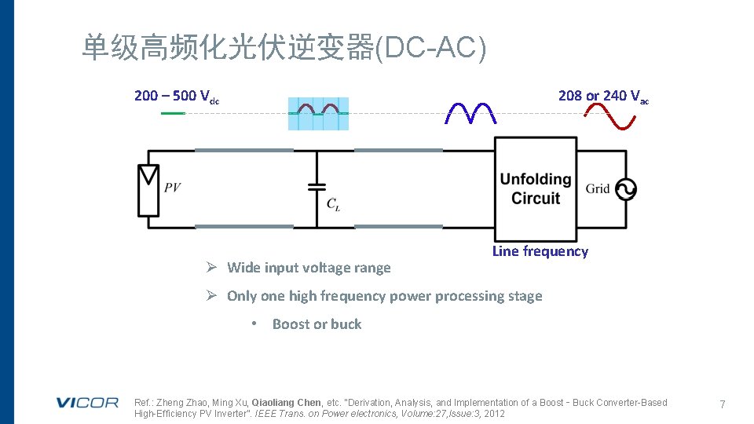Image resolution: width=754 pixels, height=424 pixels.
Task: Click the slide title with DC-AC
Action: tap(284, 49)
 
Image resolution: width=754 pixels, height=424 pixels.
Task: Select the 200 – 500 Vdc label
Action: tap(177, 97)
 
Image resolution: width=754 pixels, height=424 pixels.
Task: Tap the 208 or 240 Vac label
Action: tap(603, 97)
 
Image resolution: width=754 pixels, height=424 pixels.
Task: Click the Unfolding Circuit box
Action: tap(536, 188)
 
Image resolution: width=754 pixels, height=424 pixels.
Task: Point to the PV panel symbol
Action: tap(148, 189)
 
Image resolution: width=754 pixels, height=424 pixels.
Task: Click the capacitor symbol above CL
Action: tap(317, 187)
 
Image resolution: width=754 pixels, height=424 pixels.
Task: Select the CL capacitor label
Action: tap(334, 204)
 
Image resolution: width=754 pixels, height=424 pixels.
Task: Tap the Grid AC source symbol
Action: tap(626, 189)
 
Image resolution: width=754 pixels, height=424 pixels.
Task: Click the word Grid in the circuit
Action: tap(598, 188)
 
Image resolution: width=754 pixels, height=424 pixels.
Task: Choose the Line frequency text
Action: tap(540, 251)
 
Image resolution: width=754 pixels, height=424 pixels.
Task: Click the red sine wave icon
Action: tap(610, 117)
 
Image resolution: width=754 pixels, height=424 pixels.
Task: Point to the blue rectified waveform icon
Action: tap(471, 114)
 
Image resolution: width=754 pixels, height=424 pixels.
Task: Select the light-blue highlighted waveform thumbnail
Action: tap(318, 115)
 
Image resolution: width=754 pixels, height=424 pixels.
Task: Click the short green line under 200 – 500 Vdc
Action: tap(172, 114)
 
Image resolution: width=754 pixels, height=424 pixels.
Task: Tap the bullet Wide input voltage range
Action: tap(308, 268)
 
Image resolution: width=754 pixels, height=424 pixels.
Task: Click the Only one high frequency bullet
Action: tap(384, 296)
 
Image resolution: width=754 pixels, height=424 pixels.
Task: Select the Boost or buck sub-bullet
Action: tap(317, 324)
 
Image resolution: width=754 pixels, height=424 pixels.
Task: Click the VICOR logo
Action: tap(86, 403)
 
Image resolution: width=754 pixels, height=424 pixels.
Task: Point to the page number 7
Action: tap(722, 404)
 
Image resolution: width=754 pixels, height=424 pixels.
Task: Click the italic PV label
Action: tap(172, 188)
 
